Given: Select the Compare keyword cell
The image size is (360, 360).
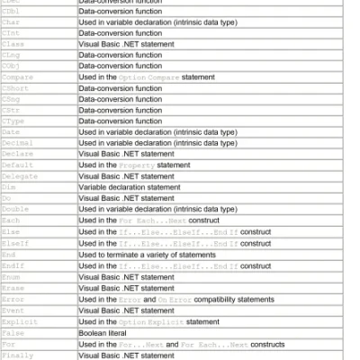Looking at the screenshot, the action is click(x=17, y=77).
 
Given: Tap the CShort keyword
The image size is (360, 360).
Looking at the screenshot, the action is click(x=15, y=88).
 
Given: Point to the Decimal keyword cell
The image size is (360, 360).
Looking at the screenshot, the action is click(x=17, y=143).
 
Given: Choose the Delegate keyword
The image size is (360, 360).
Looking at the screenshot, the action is click(x=19, y=175).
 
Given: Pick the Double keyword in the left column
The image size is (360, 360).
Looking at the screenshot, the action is click(x=15, y=209).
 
